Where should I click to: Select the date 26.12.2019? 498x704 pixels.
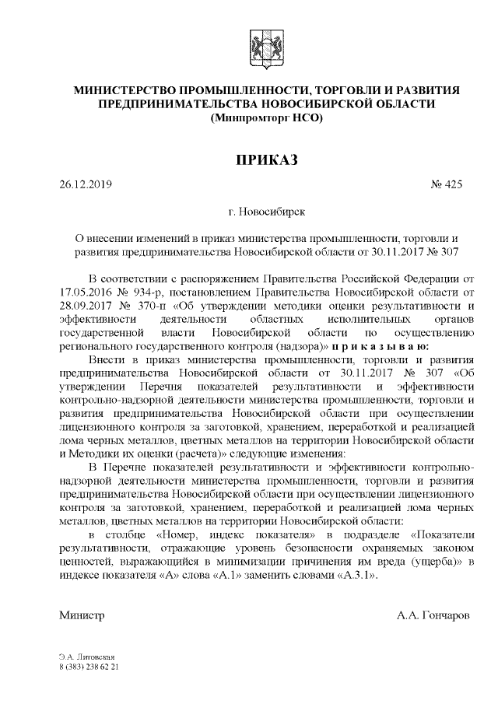click(x=86, y=185)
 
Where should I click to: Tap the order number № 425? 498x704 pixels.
click(x=446, y=185)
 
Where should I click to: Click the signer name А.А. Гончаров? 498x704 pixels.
click(x=433, y=615)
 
